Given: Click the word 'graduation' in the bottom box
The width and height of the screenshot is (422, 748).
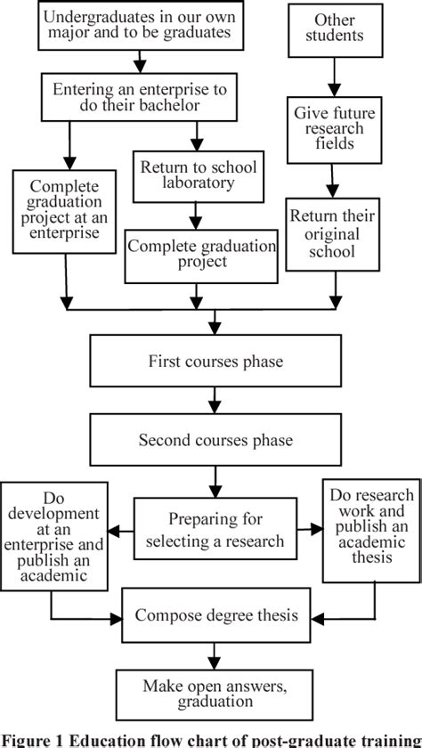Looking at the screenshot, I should point(212,702).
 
